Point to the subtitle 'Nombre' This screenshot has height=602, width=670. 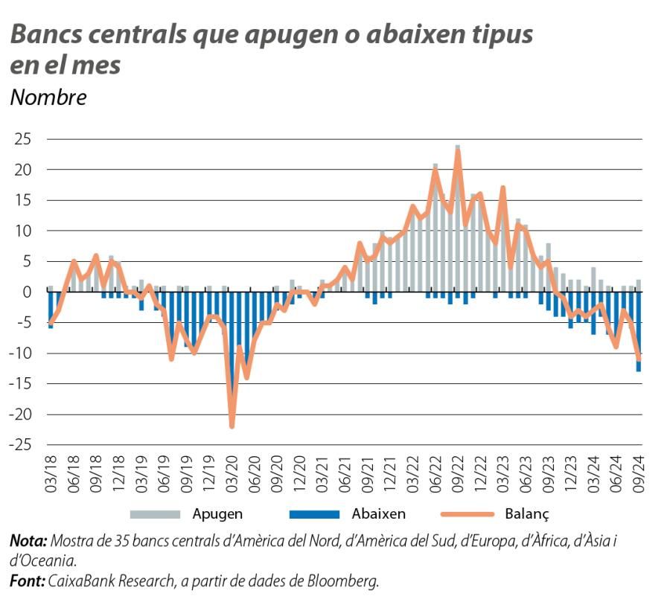[48, 97]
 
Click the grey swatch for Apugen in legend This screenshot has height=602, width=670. [155, 513]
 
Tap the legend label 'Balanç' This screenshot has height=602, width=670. [526, 513]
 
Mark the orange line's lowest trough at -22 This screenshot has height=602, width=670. [232, 426]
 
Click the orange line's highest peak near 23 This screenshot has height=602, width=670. [458, 151]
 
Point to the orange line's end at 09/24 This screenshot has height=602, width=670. [639, 359]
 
